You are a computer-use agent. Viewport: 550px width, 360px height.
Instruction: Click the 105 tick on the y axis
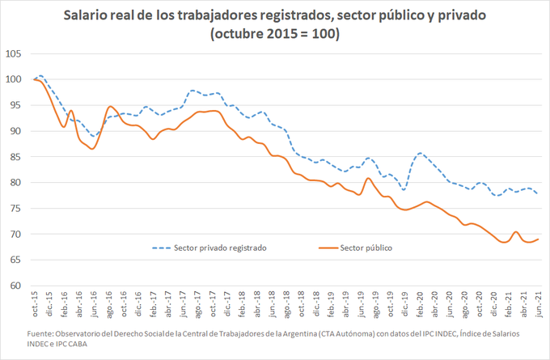(x=13, y=54)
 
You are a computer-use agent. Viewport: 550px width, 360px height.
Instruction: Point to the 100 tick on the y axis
(x=13, y=79)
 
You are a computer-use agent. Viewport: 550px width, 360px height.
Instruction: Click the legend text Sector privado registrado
(x=221, y=248)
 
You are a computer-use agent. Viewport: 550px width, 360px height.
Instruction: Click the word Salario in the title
(x=89, y=15)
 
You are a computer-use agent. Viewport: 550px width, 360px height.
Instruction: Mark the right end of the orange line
(x=539, y=239)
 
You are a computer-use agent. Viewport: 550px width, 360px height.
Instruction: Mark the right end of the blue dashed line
(x=539, y=193)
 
